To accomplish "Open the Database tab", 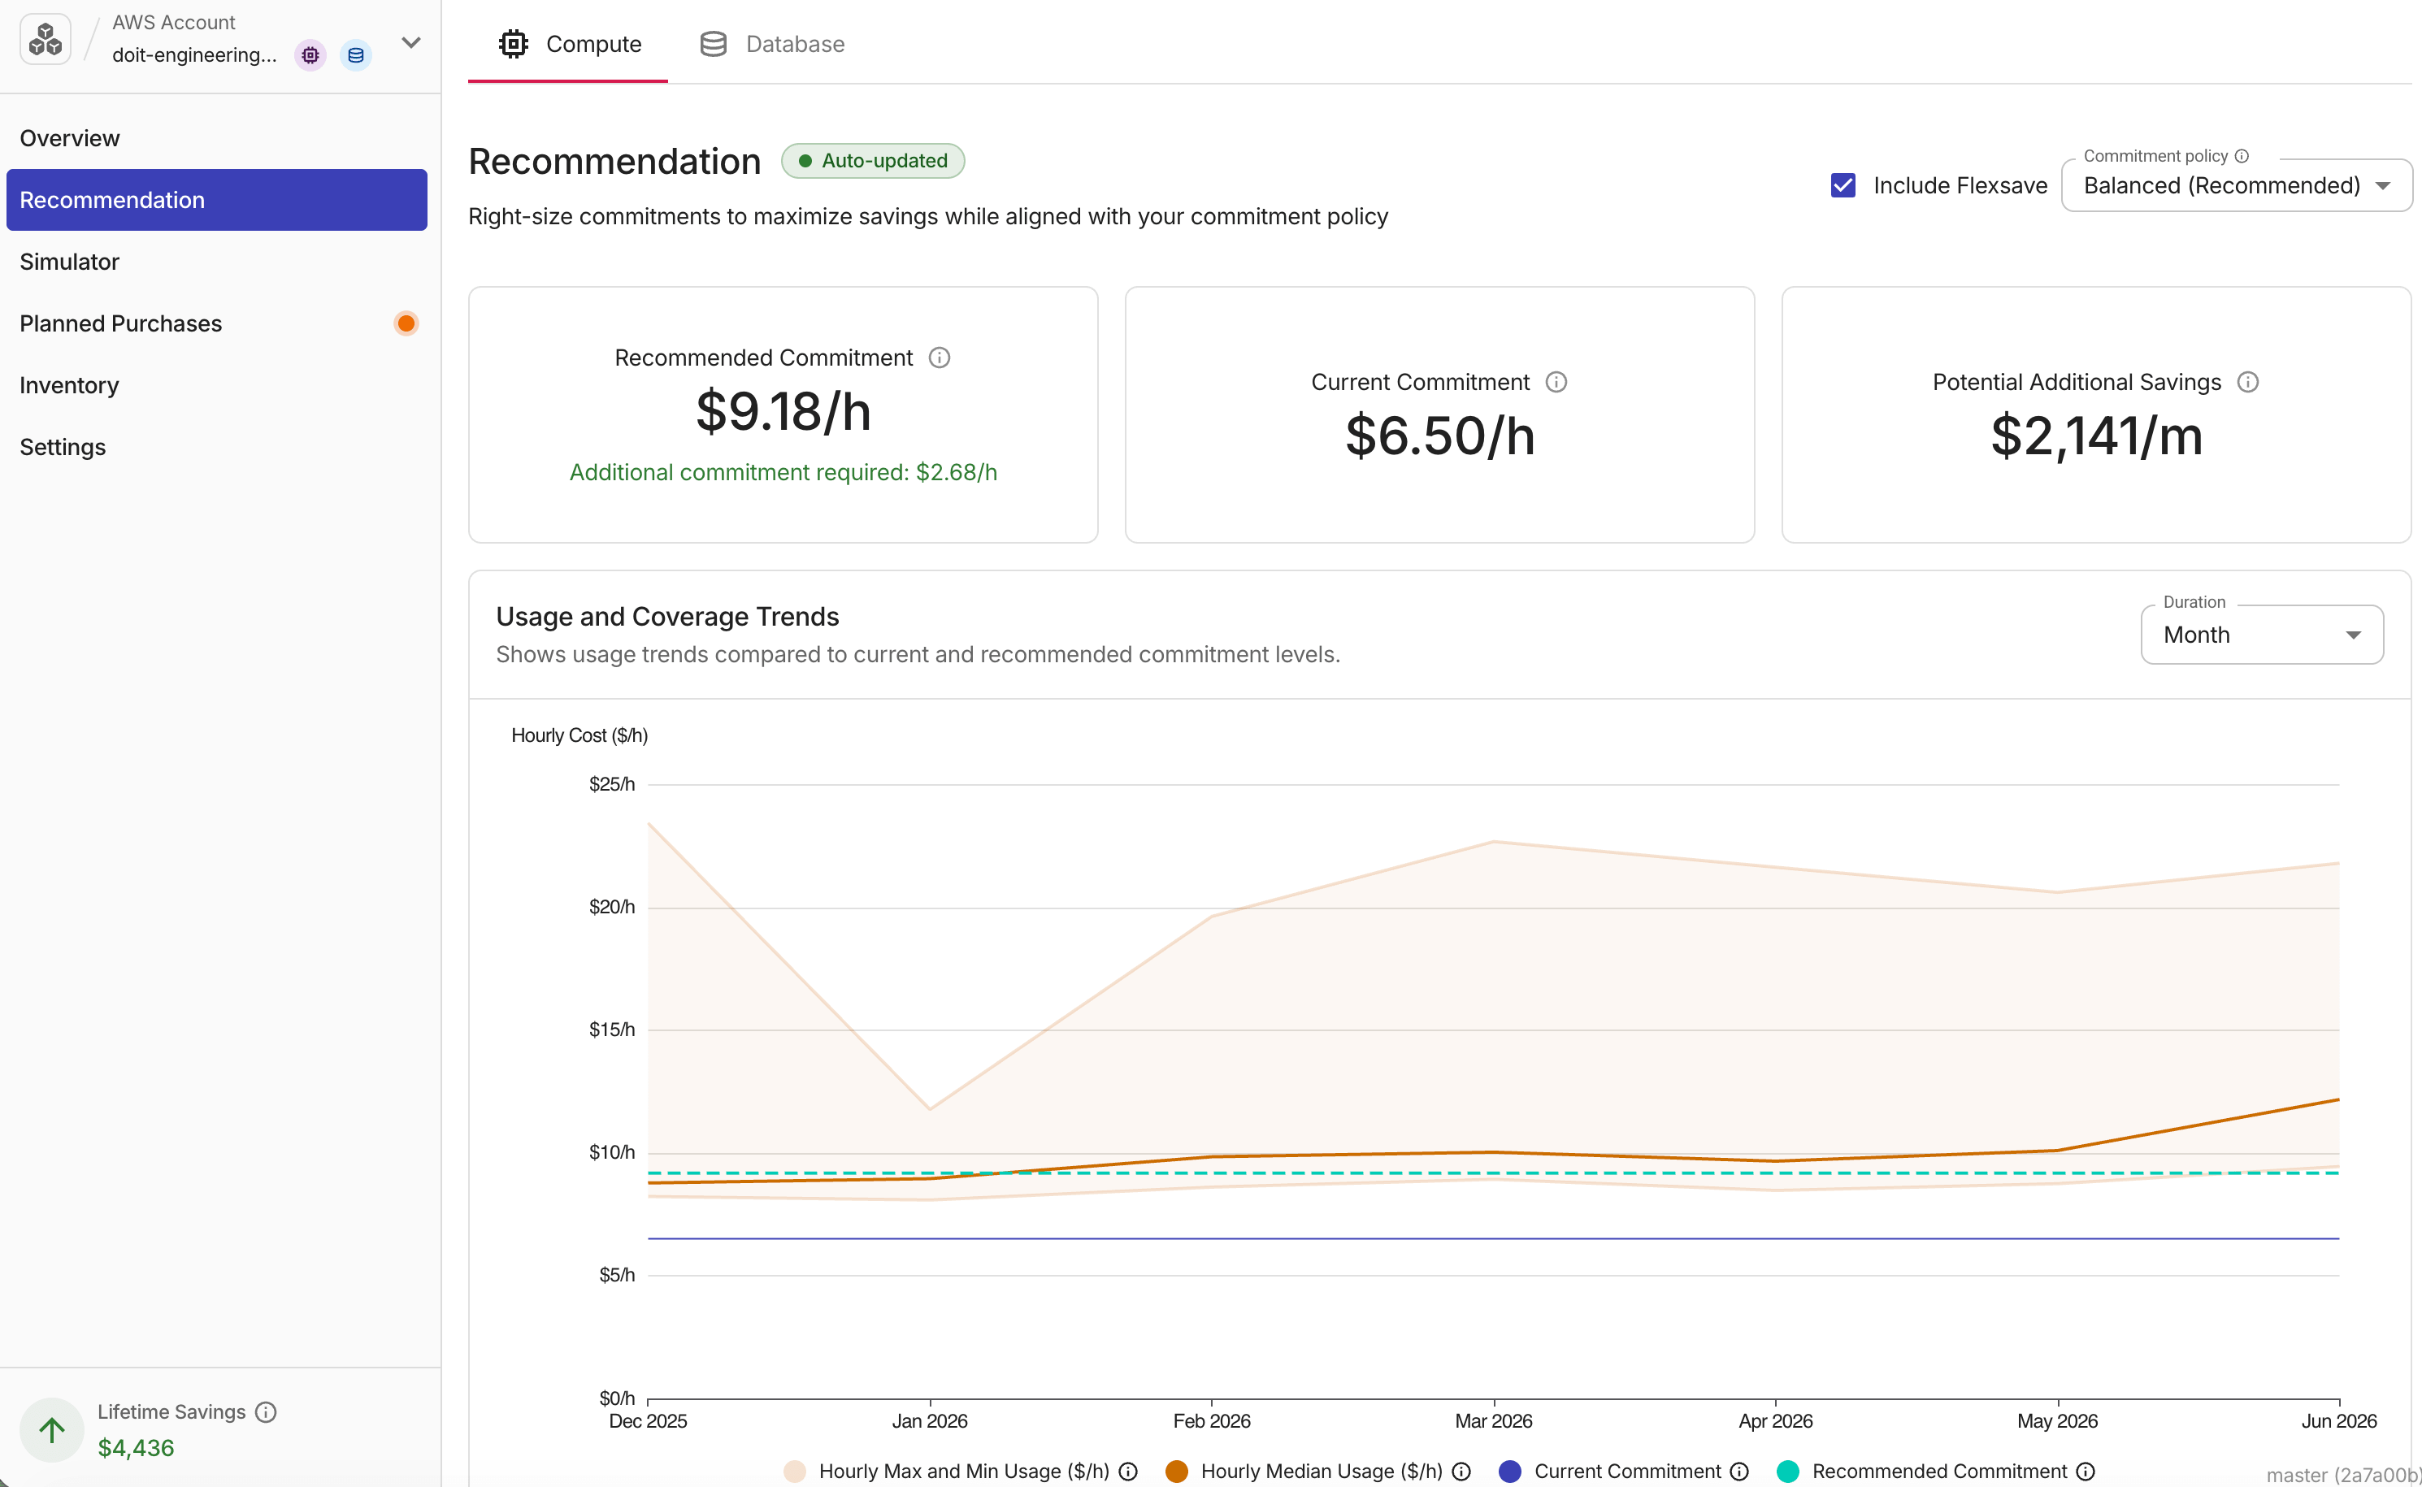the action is tap(772, 44).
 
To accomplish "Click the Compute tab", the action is tap(570, 44).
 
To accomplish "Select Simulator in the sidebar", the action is tap(69, 262).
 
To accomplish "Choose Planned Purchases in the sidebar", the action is tap(121, 323).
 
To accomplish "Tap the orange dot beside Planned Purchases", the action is tap(406, 323).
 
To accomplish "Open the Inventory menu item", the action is tap(69, 385).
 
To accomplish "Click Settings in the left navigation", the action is tap(62, 448).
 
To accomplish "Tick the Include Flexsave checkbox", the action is tap(1843, 185).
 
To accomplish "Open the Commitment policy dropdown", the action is tap(2236, 185).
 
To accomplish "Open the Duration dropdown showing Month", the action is tap(2262, 635).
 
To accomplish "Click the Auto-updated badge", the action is tap(873, 160).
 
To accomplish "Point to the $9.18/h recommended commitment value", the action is tap(783, 411).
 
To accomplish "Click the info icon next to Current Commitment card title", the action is tap(1556, 382).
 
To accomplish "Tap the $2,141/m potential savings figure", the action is tap(2096, 436).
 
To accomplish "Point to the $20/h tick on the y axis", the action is tap(612, 907).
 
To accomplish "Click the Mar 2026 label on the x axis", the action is tap(1493, 1421).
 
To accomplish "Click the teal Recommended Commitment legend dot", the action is tap(1787, 1472).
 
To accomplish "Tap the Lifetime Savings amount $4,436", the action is tap(136, 1448).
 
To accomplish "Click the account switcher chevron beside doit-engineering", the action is tap(411, 42).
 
